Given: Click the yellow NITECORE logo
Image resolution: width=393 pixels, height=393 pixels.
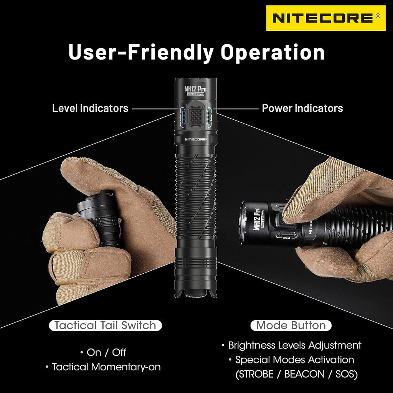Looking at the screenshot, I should [325, 18].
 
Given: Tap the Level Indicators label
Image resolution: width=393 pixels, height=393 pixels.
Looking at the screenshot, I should [90, 108].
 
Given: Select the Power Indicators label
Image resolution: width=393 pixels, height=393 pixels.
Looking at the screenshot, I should [302, 108].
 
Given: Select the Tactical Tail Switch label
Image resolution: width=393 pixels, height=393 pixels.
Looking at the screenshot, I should [105, 326].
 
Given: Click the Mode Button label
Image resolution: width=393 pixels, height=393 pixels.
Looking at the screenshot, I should [291, 326].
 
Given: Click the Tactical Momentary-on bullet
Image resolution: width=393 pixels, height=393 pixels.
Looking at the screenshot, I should [106, 367].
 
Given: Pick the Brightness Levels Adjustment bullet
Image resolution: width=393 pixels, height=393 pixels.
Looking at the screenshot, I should [294, 345].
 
